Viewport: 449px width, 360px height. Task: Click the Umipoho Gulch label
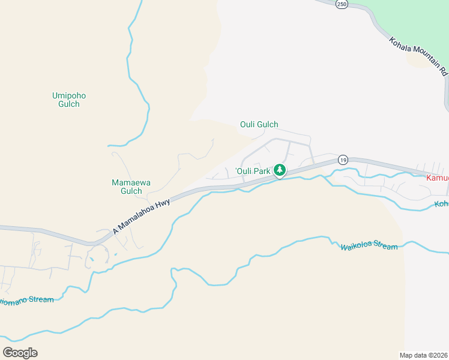click(65, 99)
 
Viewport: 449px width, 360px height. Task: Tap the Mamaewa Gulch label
click(127, 187)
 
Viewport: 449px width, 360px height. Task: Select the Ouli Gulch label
click(259, 125)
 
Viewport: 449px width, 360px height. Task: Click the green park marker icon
click(279, 170)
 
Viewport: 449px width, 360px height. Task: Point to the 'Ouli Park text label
click(253, 171)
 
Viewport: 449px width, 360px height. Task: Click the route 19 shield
click(342, 160)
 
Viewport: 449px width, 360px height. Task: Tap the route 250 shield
click(342, 4)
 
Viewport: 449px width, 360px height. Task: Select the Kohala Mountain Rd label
click(418, 56)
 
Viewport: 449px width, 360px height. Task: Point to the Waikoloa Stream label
click(369, 247)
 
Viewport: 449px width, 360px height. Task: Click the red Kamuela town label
click(437, 178)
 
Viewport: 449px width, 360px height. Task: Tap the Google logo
click(20, 352)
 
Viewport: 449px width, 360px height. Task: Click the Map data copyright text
click(424, 355)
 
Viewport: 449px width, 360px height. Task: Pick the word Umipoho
click(65, 95)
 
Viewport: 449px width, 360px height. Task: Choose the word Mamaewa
click(127, 182)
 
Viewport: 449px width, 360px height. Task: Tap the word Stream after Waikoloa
click(385, 247)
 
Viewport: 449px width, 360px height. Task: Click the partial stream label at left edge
click(27, 300)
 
